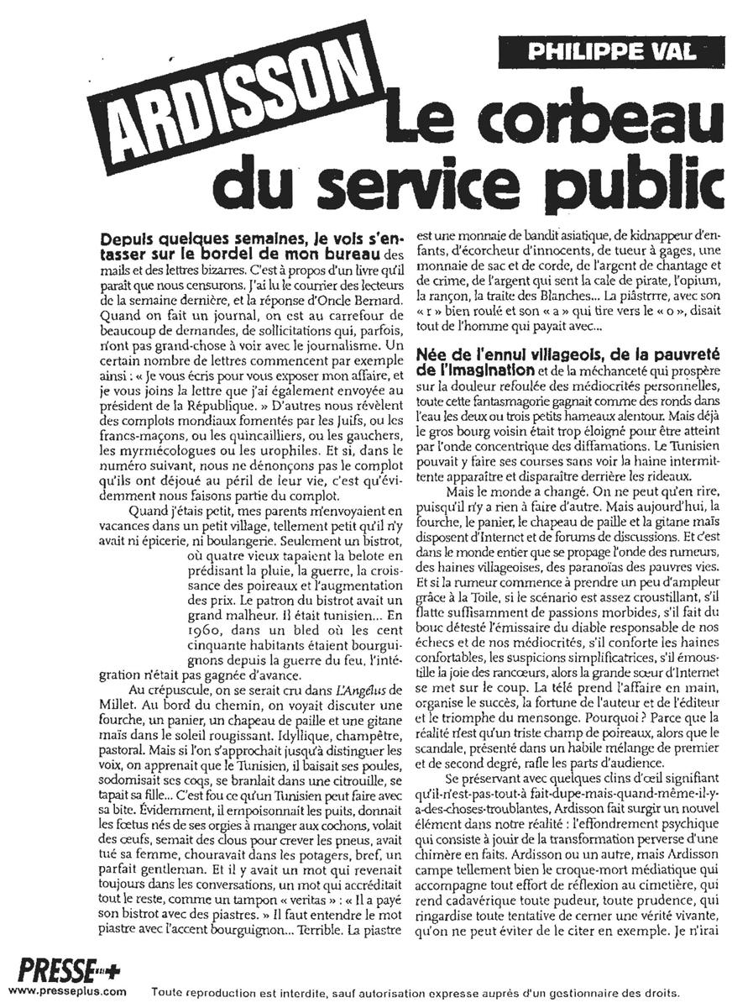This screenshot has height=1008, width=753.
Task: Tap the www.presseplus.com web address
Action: [x=66, y=991]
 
